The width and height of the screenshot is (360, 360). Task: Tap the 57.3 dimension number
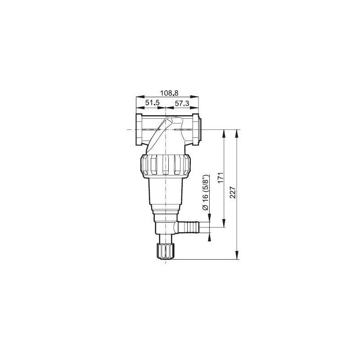182,103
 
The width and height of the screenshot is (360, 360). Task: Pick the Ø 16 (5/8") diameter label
205,193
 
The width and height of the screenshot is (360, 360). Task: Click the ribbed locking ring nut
165,165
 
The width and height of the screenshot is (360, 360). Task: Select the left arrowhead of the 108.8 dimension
138,97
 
